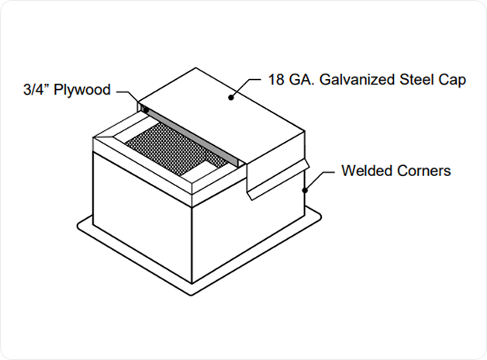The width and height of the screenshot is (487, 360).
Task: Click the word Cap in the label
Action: tap(455, 80)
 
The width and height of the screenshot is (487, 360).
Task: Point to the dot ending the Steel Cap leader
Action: tap(230, 98)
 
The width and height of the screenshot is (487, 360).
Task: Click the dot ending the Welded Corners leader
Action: tap(306, 189)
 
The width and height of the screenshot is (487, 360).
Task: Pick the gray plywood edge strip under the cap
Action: tap(194, 137)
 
